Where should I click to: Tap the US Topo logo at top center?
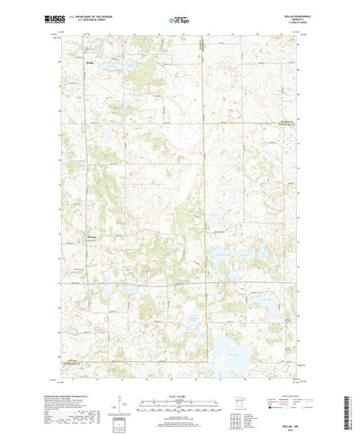(x=176, y=19)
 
